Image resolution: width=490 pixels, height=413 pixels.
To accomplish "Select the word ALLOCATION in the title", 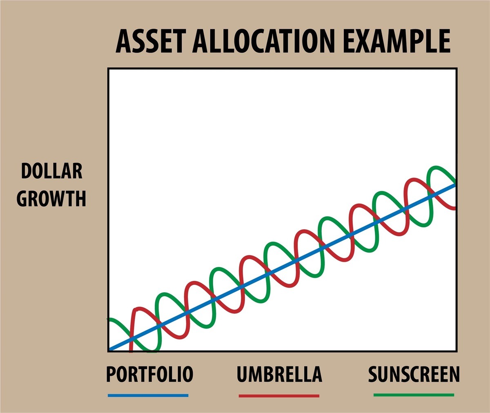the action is [x=263, y=42].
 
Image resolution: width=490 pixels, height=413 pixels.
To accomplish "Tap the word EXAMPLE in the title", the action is [x=396, y=42].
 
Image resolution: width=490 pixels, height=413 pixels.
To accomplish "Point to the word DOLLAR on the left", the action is [x=51, y=171].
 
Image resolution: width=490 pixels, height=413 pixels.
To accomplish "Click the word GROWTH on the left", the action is [x=51, y=199].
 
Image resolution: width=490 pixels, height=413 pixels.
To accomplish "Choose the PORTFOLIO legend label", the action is [x=150, y=374].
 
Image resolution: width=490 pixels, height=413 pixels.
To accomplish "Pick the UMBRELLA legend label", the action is [x=279, y=374].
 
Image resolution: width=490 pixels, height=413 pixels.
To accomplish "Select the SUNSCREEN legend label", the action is [x=414, y=374].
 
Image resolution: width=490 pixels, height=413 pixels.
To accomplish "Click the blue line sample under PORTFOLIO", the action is [x=148, y=395].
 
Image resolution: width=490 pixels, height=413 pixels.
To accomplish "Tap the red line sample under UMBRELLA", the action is [x=279, y=395].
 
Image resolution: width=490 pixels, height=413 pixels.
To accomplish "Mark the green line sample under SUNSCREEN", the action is [x=414, y=395].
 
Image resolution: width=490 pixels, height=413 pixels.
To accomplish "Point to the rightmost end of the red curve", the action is [x=455, y=208].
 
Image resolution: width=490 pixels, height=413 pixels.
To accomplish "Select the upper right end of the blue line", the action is [x=455, y=185].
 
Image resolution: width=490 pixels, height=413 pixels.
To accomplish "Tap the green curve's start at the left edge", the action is [x=109, y=320].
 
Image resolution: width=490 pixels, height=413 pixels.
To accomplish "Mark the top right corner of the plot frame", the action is [x=457, y=69].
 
